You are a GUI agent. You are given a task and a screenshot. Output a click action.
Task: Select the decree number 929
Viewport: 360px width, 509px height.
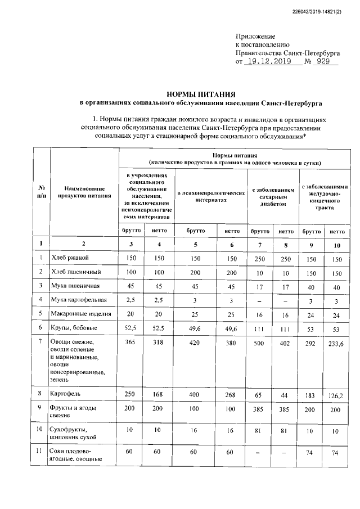coord(323,61)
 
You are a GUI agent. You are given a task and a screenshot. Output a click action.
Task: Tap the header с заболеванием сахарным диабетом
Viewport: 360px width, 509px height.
coord(273,197)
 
